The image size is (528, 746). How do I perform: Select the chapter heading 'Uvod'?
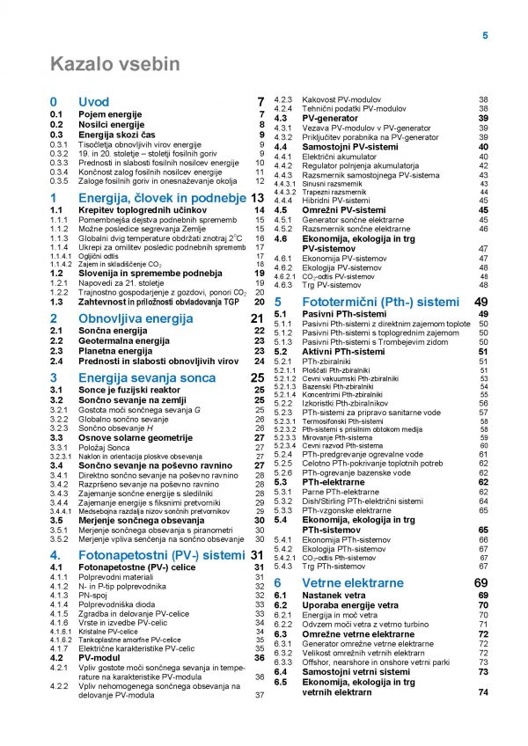click(94, 102)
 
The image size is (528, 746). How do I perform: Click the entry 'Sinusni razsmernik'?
click(332, 184)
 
